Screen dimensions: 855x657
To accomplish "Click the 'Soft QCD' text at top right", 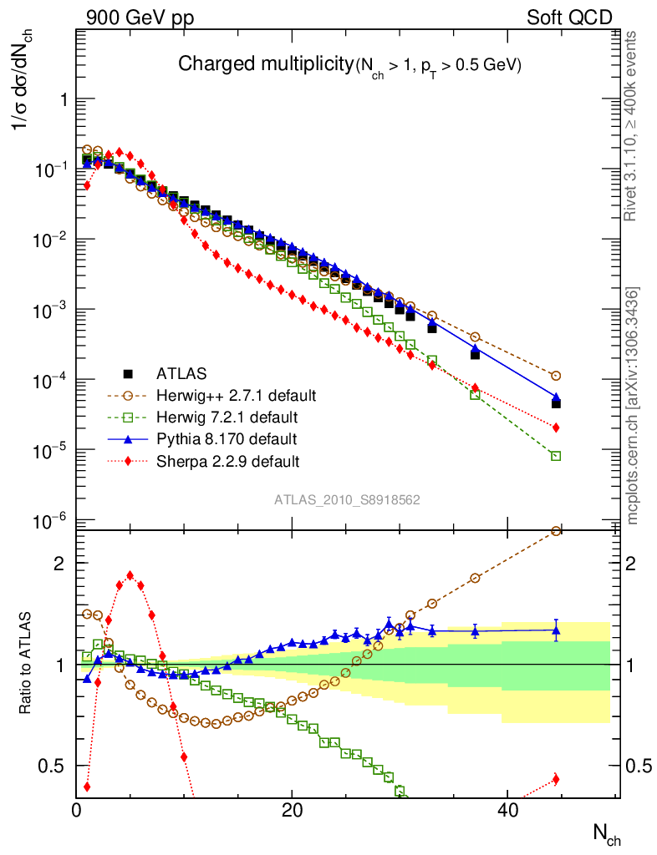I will [x=568, y=18].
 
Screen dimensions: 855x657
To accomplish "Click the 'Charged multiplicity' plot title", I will [x=266, y=64].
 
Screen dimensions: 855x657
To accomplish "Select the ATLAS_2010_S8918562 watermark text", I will [x=347, y=499].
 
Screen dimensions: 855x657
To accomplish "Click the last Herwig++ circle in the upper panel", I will [x=556, y=376].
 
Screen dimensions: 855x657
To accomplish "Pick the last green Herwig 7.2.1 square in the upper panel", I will [x=556, y=456].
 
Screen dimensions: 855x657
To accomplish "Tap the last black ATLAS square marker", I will [x=556, y=403].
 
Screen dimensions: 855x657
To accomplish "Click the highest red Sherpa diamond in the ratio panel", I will [x=130, y=575].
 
